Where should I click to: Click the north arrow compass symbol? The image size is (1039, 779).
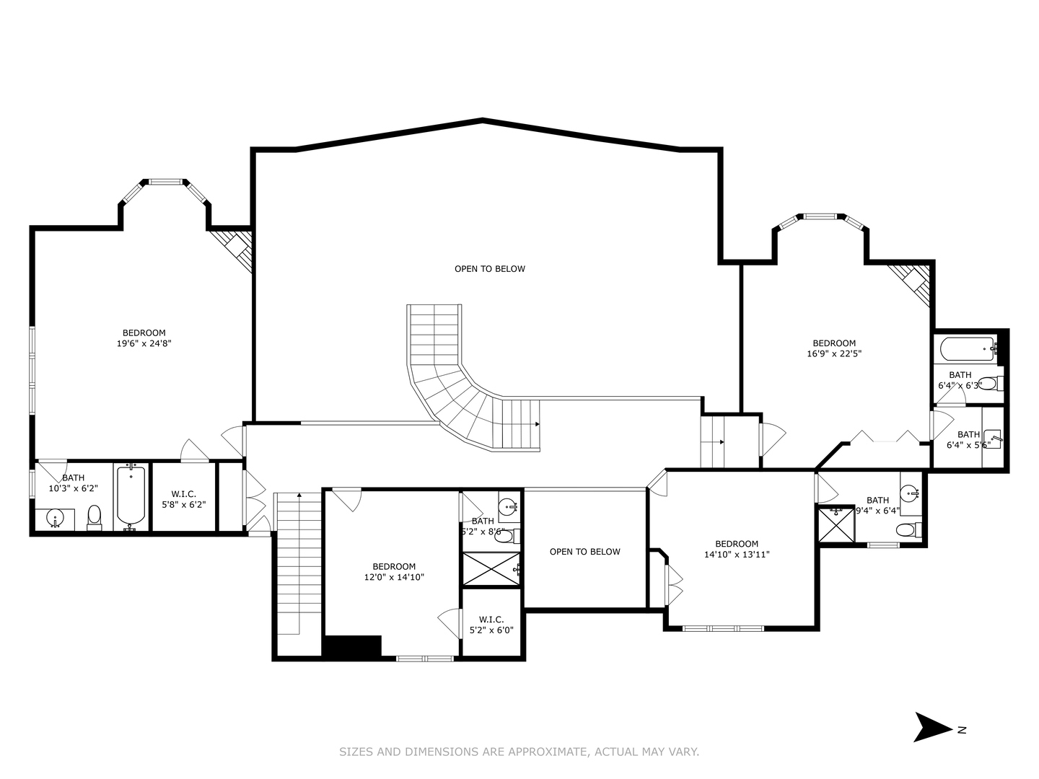933,727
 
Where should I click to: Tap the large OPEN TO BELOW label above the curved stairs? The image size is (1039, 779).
489,269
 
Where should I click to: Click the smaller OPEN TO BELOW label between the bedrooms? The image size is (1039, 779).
584,552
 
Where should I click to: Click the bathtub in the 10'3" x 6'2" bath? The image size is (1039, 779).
131,496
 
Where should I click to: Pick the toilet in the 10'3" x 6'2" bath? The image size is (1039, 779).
95,516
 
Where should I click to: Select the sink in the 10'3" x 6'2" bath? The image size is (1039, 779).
56,518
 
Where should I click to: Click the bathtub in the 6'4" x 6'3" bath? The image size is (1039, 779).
968,350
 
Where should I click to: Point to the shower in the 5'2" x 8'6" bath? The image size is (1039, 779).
491,569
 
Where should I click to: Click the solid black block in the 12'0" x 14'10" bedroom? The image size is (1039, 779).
352,646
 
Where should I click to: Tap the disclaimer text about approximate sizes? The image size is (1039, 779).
519,752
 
